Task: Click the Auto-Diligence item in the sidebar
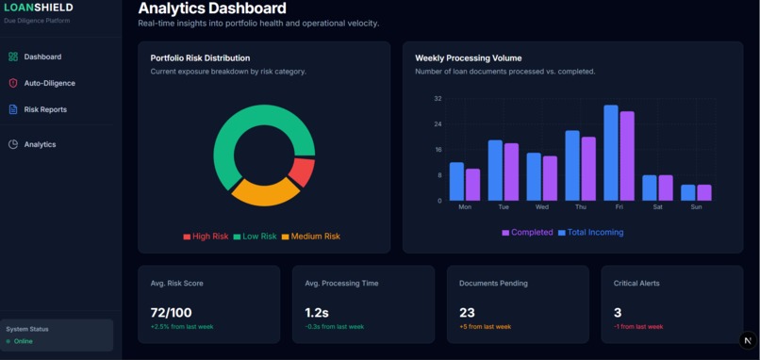click(x=49, y=83)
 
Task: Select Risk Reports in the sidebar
click(x=45, y=109)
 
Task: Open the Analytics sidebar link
click(x=40, y=144)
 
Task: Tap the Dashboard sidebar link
click(x=42, y=57)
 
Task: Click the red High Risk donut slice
click(x=302, y=172)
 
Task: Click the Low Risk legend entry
click(x=256, y=237)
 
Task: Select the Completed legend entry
click(x=527, y=232)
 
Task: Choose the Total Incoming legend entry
click(x=590, y=232)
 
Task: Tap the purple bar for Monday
click(x=472, y=185)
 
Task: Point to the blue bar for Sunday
click(x=688, y=192)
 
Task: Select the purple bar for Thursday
click(x=588, y=169)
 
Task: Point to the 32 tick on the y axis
click(x=438, y=99)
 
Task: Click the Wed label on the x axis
click(x=542, y=207)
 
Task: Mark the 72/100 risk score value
click(x=171, y=312)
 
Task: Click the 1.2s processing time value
click(x=317, y=312)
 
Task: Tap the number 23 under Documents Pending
click(x=467, y=312)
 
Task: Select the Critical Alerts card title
click(x=636, y=283)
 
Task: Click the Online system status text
click(x=23, y=341)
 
